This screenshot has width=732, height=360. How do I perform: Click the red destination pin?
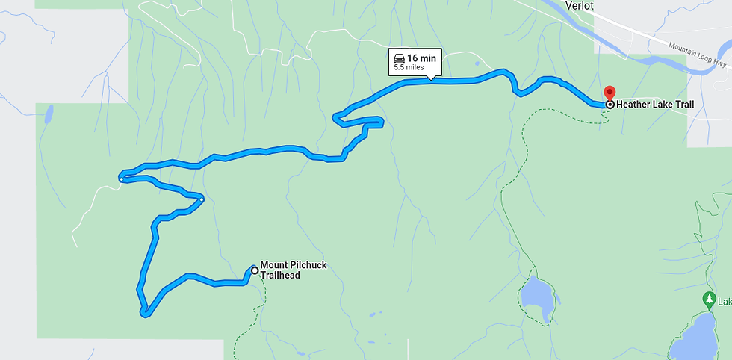[x=609, y=93]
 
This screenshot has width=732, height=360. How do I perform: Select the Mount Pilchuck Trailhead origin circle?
[x=255, y=270]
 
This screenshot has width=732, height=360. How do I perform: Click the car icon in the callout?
[x=399, y=58]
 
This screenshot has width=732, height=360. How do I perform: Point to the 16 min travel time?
[x=422, y=58]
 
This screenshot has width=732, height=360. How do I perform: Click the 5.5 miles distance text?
[x=409, y=68]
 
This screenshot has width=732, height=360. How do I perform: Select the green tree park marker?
[x=709, y=300]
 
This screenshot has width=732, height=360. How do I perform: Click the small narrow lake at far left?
[x=49, y=114]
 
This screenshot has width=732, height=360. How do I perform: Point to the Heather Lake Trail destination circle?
[x=610, y=105]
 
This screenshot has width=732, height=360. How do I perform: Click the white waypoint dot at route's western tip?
[x=121, y=179]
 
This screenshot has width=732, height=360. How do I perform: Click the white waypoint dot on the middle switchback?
[x=202, y=199]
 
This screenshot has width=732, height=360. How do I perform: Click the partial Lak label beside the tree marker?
[x=725, y=300]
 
